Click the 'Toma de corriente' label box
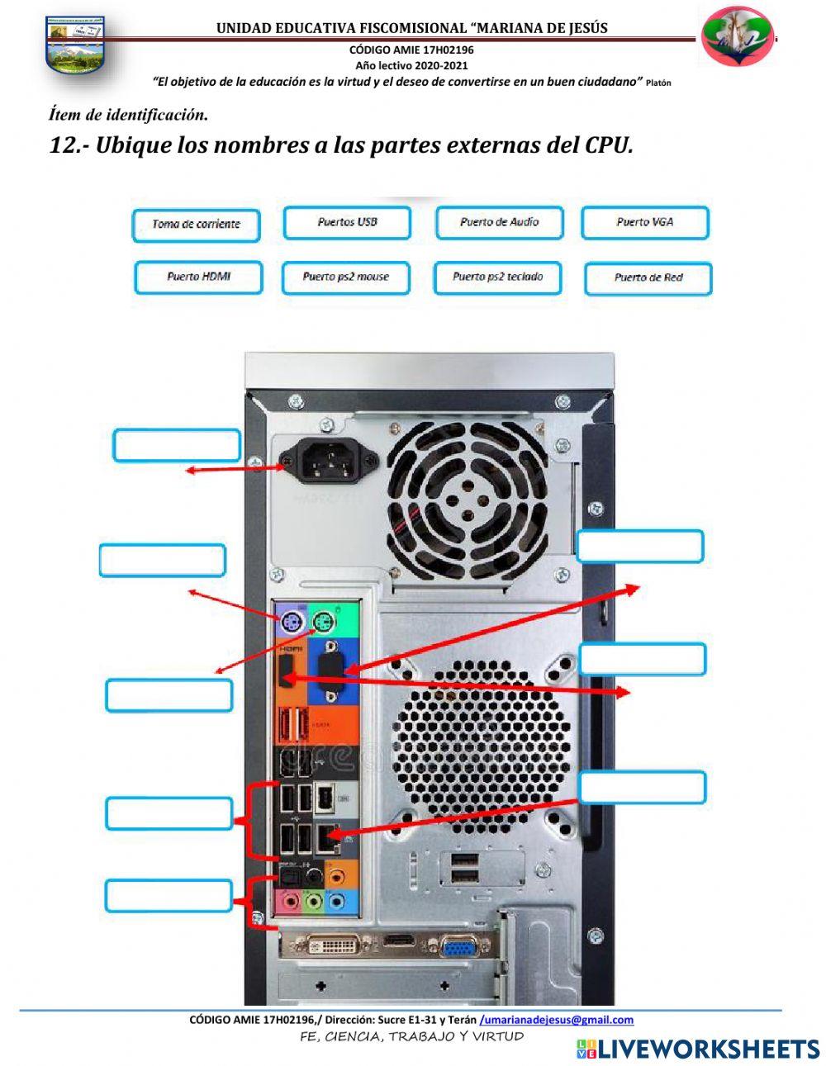pyautogui.click(x=196, y=225)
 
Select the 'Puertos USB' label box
pyautogui.click(x=347, y=223)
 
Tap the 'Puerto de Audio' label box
pyautogui.click(x=500, y=223)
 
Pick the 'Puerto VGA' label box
pyautogui.click(x=645, y=223)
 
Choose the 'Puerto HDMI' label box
pyautogui.click(x=198, y=277)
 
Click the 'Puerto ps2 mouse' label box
pyautogui.click(x=346, y=277)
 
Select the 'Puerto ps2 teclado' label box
pyautogui.click(x=497, y=277)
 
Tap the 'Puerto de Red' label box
pyautogui.click(x=648, y=278)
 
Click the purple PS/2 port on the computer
pyautogui.click(x=291, y=623)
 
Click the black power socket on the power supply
pyautogui.click(x=329, y=461)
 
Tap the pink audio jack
pyautogui.click(x=291, y=900)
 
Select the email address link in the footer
pyautogui.click(x=556, y=1020)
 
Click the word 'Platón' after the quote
pyautogui.click(x=658, y=83)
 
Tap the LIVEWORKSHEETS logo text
pyautogui.click(x=698, y=1049)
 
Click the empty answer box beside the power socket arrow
pyautogui.click(x=177, y=445)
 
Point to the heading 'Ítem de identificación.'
pyautogui.click(x=129, y=115)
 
